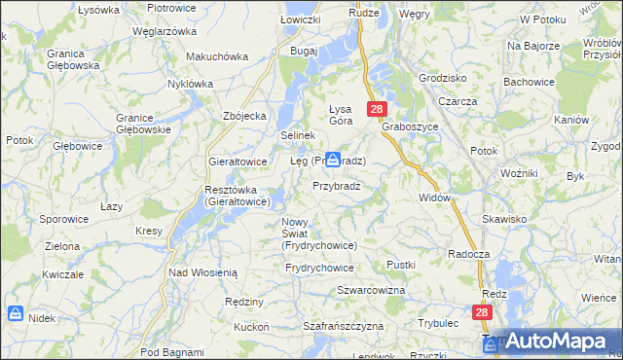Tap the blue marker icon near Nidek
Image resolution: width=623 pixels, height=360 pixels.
click(x=14, y=313)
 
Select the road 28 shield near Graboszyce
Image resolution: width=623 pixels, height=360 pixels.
click(x=378, y=110)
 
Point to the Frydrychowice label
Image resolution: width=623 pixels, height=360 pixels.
click(x=320, y=267)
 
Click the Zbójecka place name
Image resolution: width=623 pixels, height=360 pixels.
click(x=244, y=116)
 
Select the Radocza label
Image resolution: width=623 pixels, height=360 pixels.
click(x=467, y=253)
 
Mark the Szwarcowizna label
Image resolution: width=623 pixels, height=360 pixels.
click(x=371, y=291)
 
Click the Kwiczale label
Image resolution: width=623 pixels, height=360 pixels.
click(x=61, y=274)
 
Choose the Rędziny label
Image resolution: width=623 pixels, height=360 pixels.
click(x=244, y=302)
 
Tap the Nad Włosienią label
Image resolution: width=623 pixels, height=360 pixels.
click(x=202, y=273)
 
